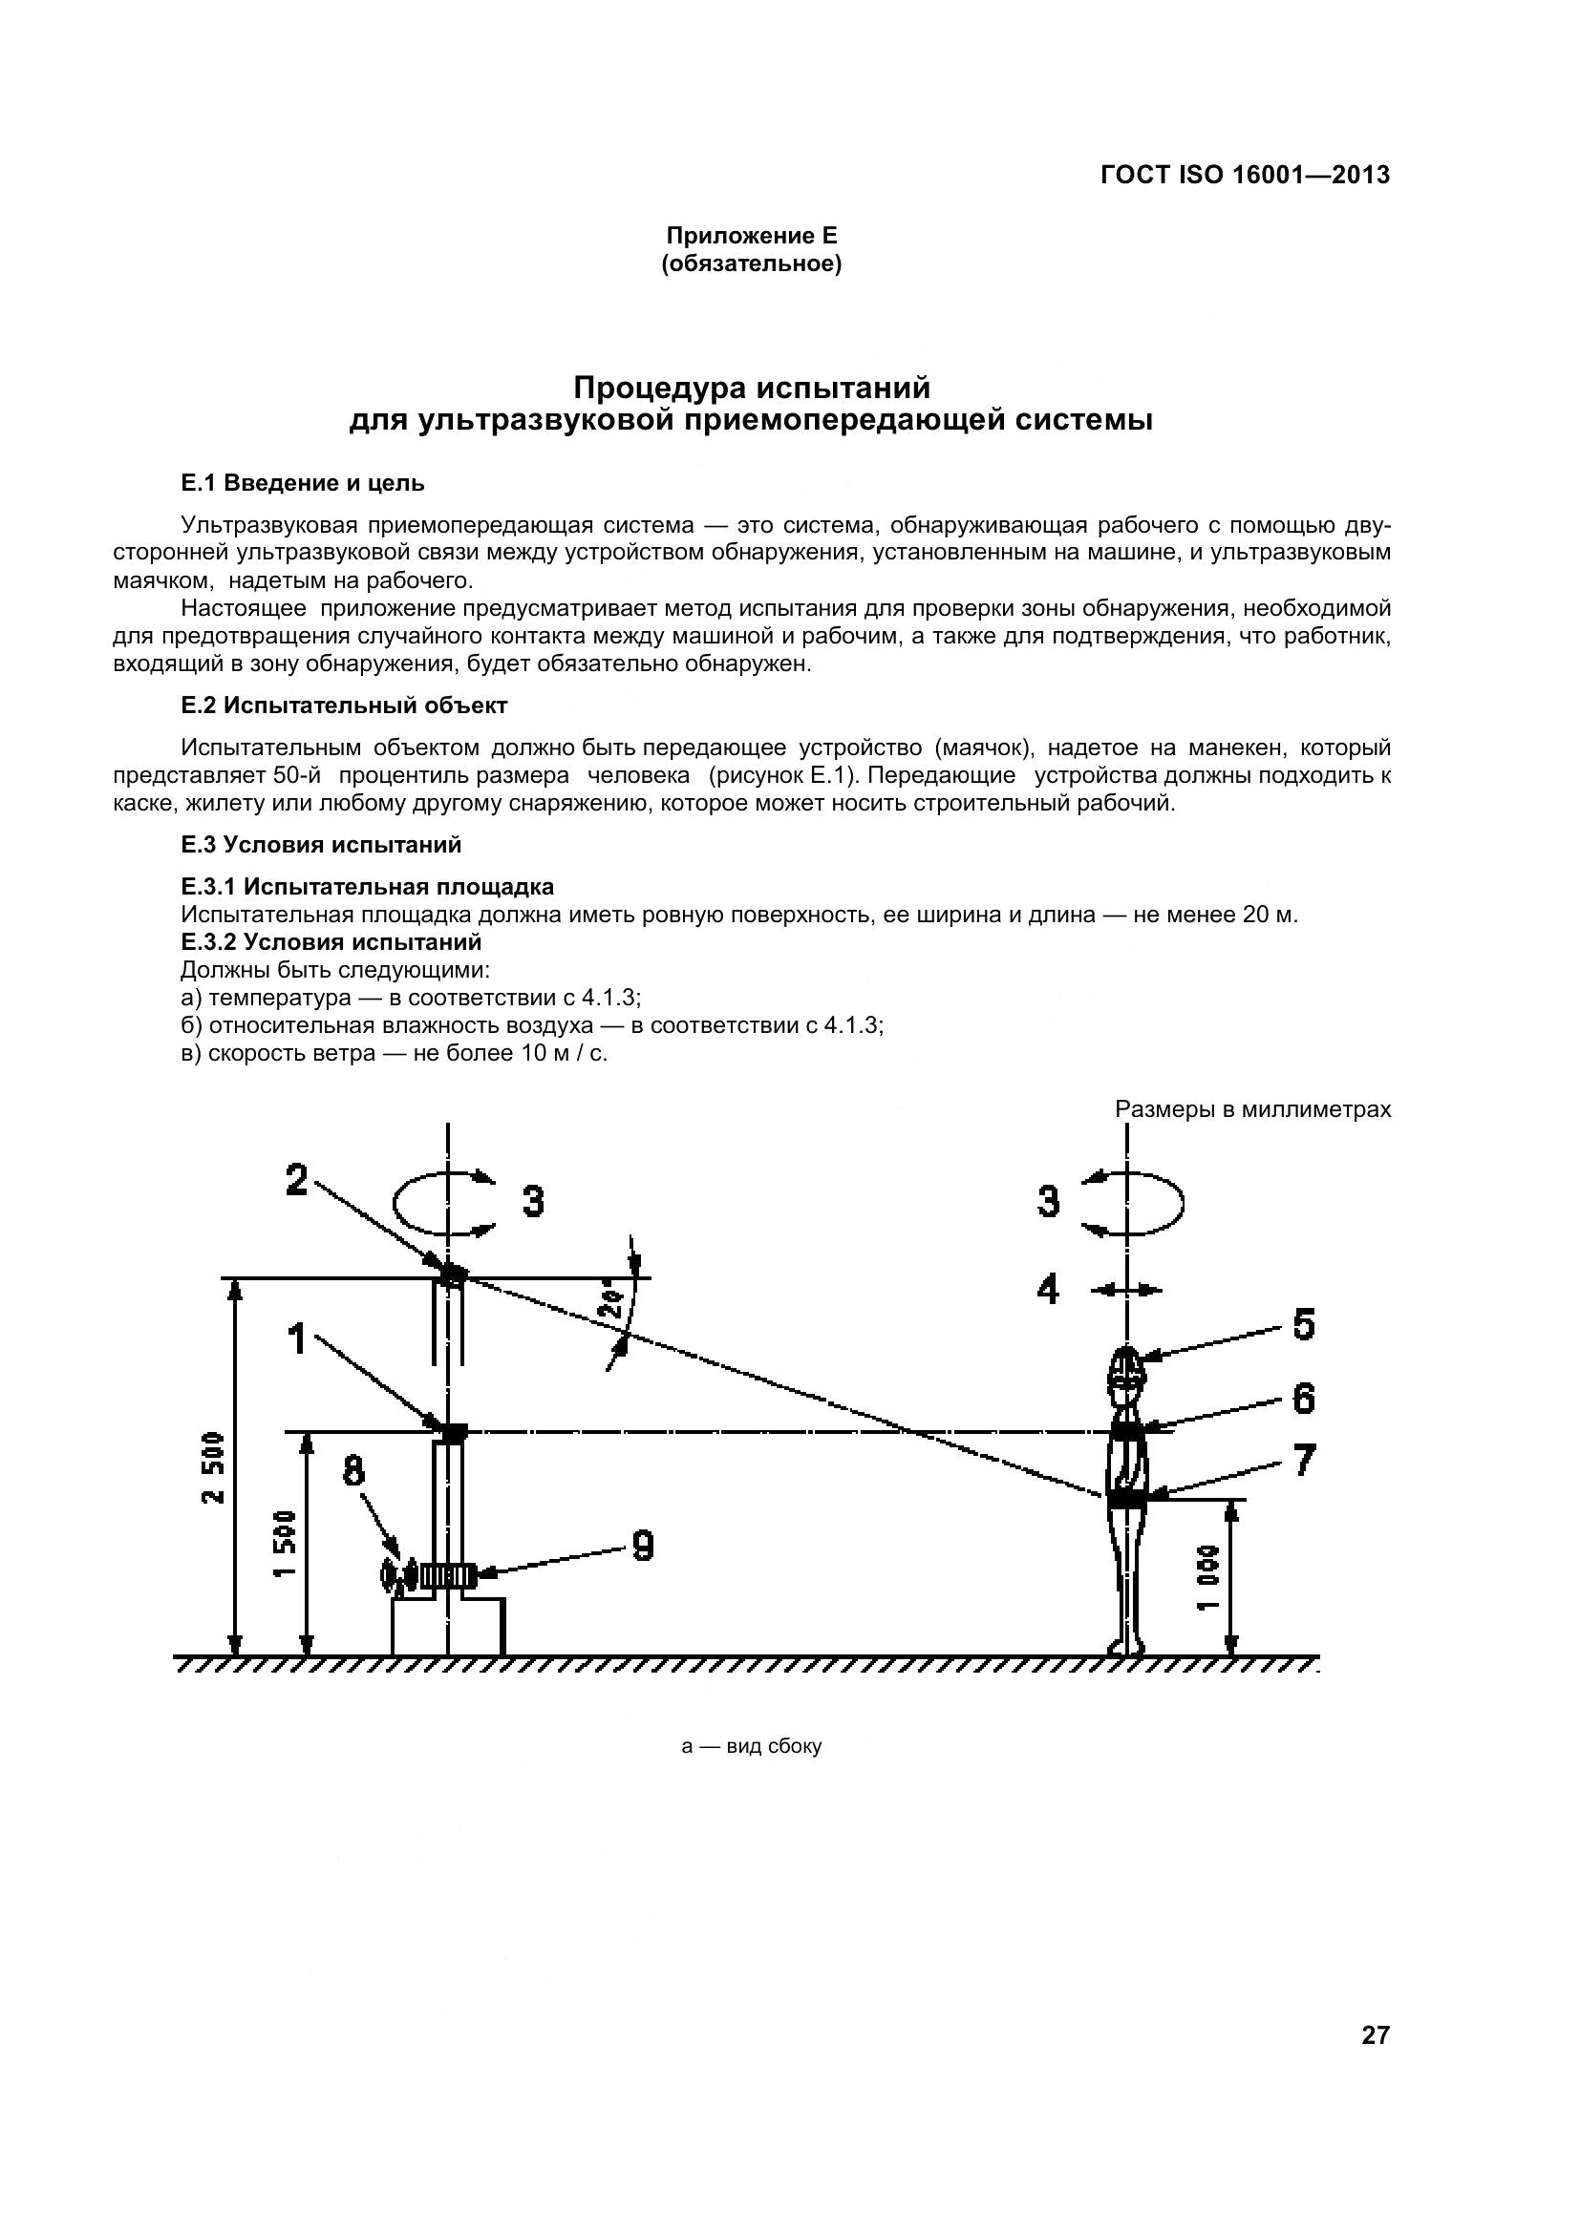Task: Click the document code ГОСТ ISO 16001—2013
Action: pyautogui.click(x=1245, y=175)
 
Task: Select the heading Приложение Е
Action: pyautogui.click(x=751, y=236)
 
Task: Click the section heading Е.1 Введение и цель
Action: pyautogui.click(x=303, y=483)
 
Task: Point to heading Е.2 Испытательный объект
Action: pyautogui.click(x=345, y=706)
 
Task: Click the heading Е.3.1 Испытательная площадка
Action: pyautogui.click(x=368, y=887)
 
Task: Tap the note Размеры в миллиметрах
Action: pyautogui.click(x=1252, y=1109)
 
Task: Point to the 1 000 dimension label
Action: pyautogui.click(x=1207, y=1577)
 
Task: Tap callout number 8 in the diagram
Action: pyautogui.click(x=354, y=1472)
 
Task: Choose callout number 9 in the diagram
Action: pyautogui.click(x=642, y=1546)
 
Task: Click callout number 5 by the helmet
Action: pyautogui.click(x=1304, y=1326)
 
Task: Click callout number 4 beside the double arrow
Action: pyautogui.click(x=1047, y=1291)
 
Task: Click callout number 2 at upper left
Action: pyautogui.click(x=296, y=1181)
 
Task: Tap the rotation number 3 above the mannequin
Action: pyautogui.click(x=1048, y=1202)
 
